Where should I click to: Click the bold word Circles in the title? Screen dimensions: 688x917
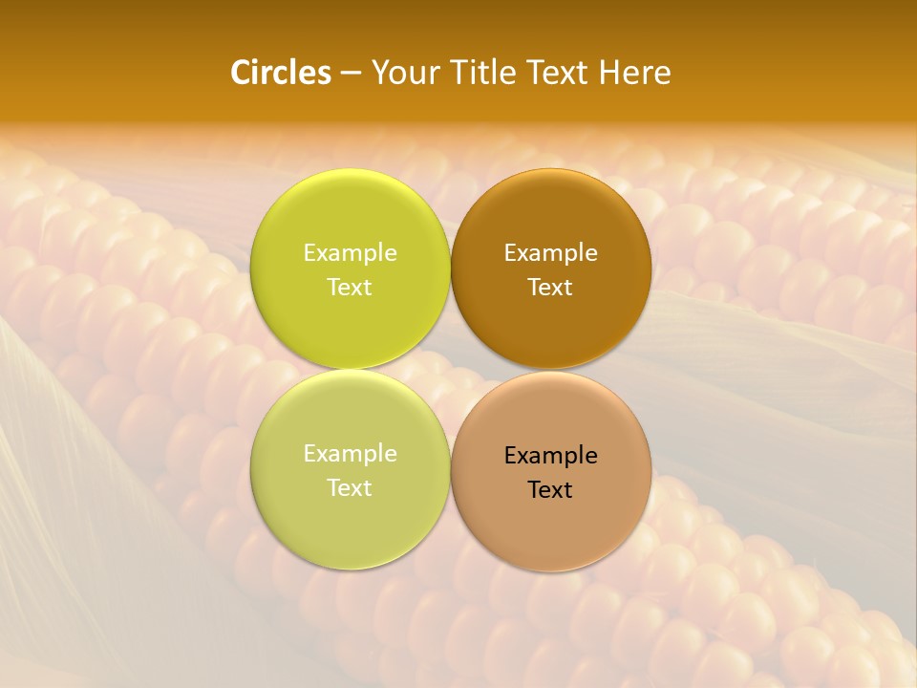pyautogui.click(x=280, y=73)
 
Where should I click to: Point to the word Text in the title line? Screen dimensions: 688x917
pyautogui.click(x=559, y=73)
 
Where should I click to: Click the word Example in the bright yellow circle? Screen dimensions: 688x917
pyautogui.click(x=350, y=253)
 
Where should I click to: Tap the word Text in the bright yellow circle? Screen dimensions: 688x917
pyautogui.click(x=350, y=288)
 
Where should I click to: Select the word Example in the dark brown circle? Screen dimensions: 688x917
pyautogui.click(x=550, y=253)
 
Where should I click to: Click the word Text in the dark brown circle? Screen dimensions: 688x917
pyautogui.click(x=550, y=288)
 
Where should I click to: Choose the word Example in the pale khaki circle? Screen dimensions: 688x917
pyautogui.click(x=350, y=454)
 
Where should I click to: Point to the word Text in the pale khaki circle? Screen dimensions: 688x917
pyautogui.click(x=350, y=488)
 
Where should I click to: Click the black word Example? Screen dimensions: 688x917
pyautogui.click(x=550, y=456)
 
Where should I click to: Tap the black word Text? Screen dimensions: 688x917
pyautogui.click(x=550, y=490)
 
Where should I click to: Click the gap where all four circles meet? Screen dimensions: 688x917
pyautogui.click(x=451, y=370)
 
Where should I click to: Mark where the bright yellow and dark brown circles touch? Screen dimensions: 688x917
pyautogui.click(x=451, y=269)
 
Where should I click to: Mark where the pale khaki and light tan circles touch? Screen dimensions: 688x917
pyautogui.click(x=451, y=470)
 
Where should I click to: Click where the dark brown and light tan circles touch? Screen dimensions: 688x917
pyautogui.click(x=551, y=370)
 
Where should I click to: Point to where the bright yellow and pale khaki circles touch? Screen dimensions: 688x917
pyautogui.click(x=351, y=370)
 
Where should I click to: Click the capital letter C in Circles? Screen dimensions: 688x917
pyautogui.click(x=239, y=73)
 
